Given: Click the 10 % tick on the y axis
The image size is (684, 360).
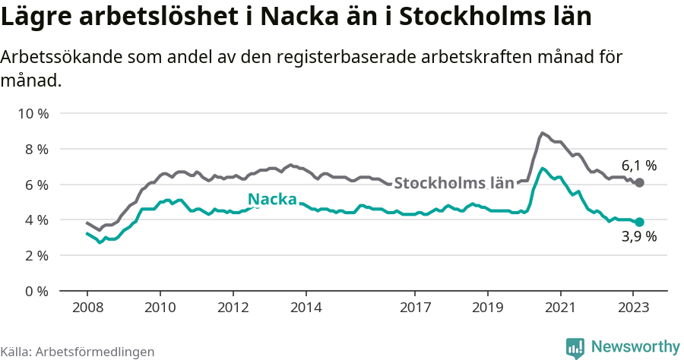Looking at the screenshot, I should [32, 114].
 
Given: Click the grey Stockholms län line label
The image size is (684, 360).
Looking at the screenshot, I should [454, 183].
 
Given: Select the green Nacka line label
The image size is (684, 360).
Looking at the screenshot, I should [272, 200].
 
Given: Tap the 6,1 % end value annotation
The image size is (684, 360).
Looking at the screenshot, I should [638, 166].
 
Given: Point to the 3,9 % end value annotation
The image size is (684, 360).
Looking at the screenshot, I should [638, 236].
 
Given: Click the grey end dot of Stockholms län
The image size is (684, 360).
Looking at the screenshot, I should [639, 183].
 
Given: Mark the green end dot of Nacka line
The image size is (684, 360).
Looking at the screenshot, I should [639, 222].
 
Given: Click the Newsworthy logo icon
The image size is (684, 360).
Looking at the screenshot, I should [575, 347].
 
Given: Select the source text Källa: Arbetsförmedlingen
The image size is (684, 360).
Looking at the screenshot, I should [78, 352].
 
